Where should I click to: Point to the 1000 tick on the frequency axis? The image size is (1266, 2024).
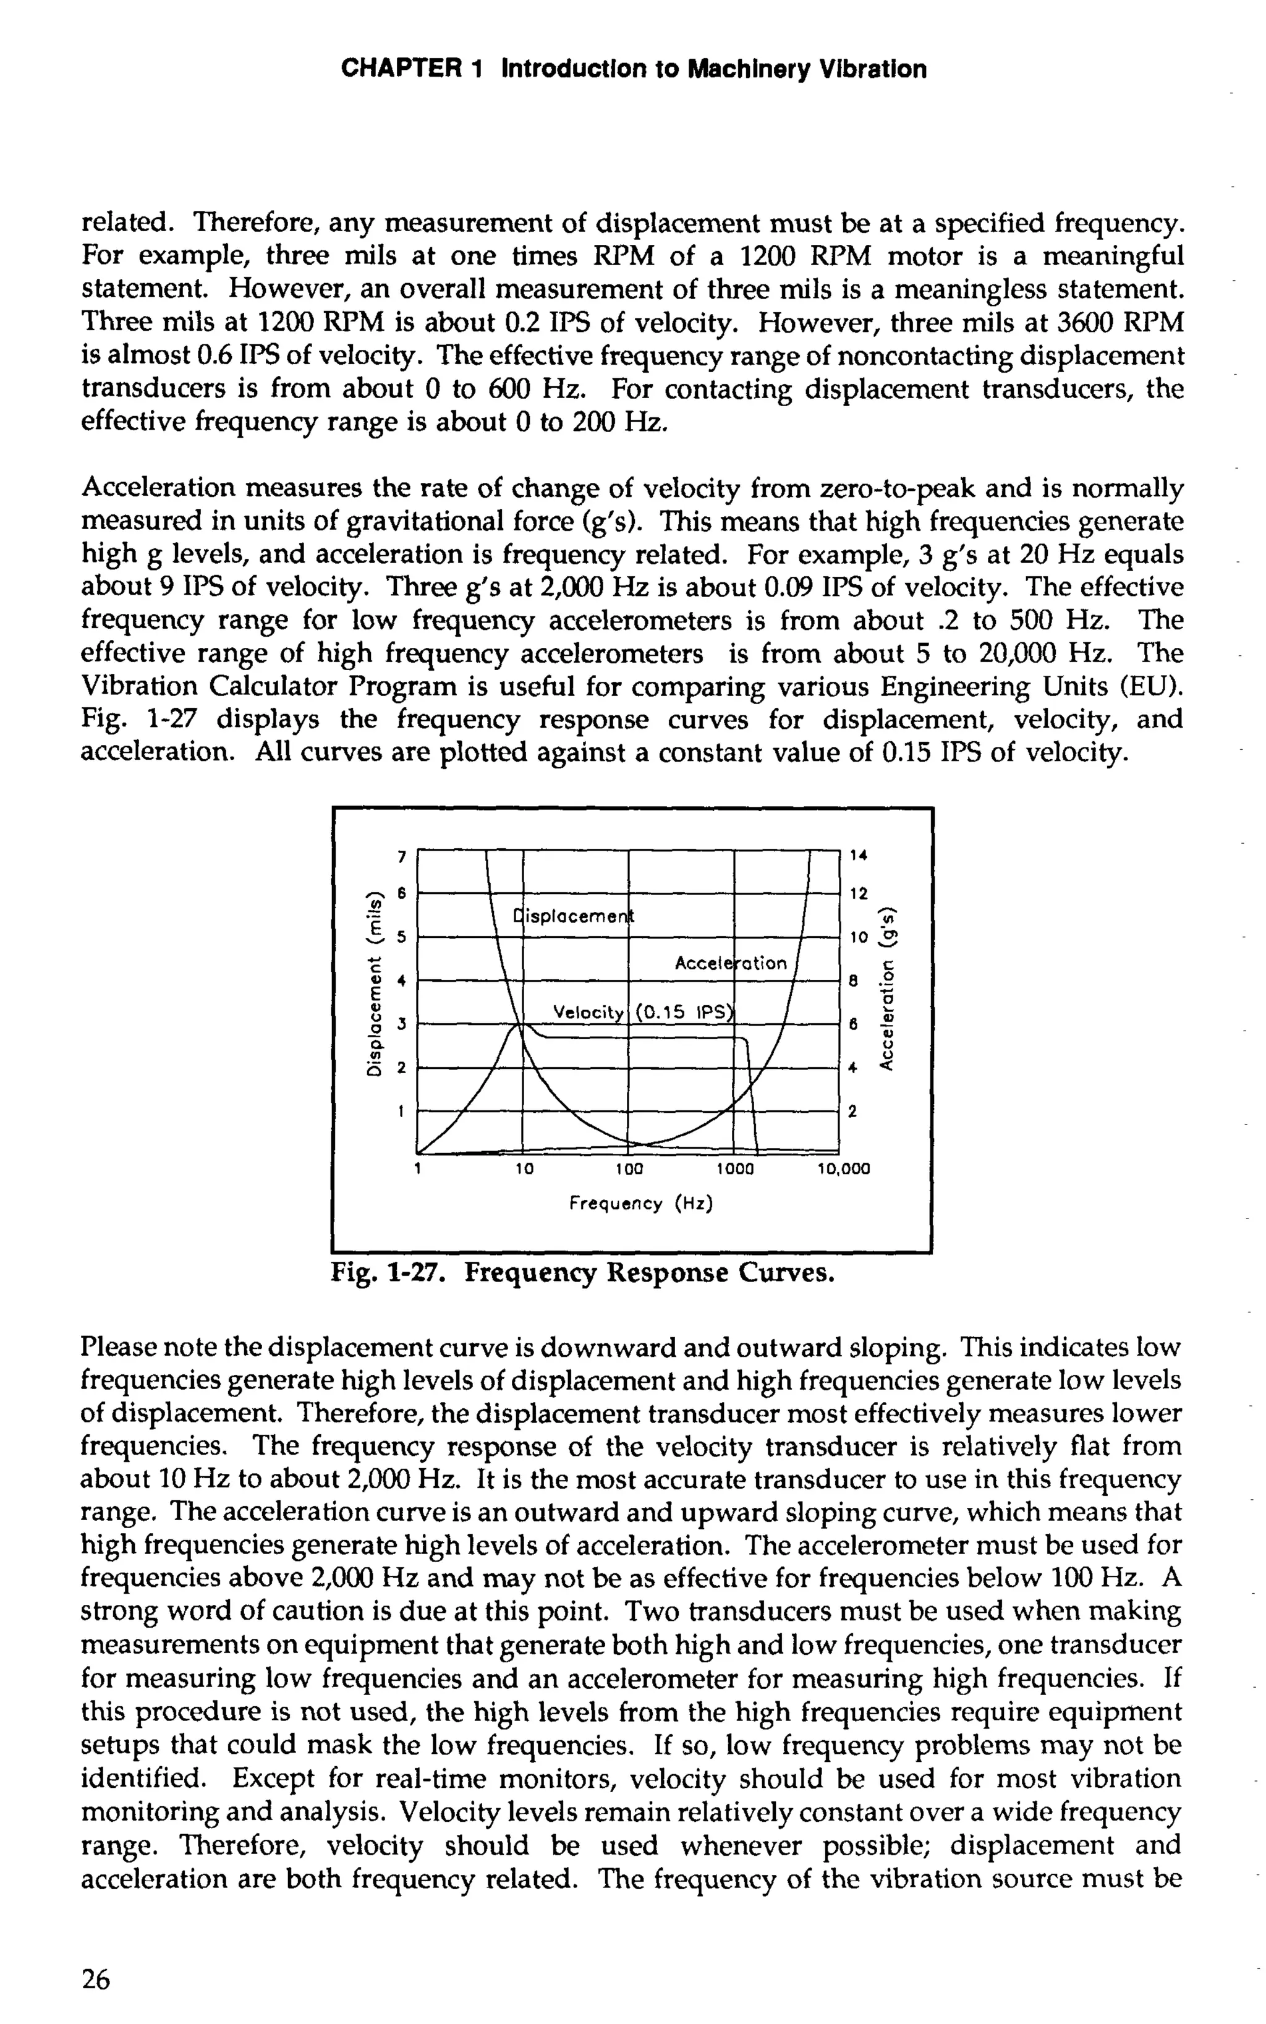736,1168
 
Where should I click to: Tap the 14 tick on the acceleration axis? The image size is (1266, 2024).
858,855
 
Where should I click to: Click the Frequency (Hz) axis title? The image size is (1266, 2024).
640,1204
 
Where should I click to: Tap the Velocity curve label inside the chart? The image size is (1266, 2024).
588,1013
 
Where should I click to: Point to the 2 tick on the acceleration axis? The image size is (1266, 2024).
852,1112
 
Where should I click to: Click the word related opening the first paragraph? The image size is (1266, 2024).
130,224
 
